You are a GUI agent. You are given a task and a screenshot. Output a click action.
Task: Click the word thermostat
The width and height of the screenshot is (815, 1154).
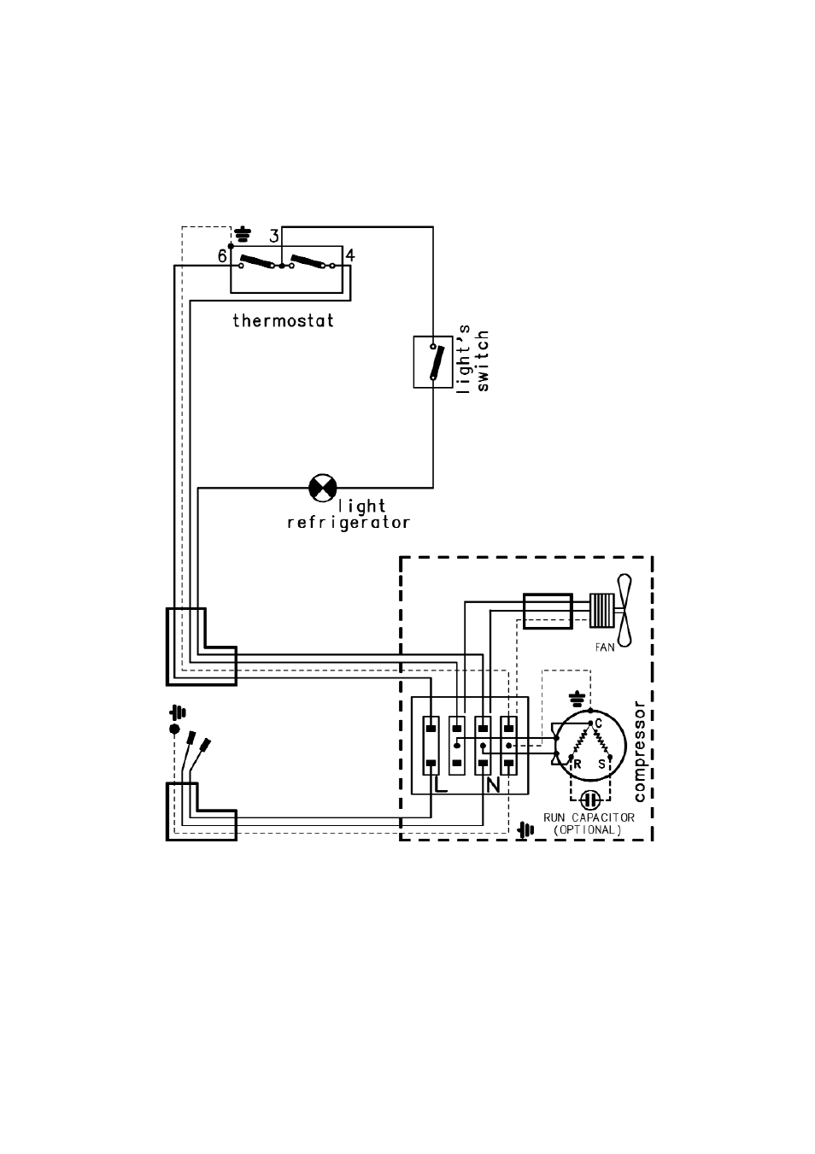(283, 321)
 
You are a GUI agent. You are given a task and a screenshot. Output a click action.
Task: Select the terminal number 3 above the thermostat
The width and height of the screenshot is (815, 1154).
(273, 237)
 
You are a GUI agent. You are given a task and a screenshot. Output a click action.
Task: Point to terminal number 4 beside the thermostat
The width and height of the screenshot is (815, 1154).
(350, 255)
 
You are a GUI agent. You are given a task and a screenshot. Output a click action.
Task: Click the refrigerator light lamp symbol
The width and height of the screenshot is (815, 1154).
(322, 489)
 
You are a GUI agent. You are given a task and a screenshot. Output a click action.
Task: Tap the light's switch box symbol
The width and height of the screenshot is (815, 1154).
(433, 362)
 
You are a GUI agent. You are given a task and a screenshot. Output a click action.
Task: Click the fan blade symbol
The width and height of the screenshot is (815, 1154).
(626, 610)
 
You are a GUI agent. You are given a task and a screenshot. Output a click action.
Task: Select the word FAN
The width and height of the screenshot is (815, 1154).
(605, 647)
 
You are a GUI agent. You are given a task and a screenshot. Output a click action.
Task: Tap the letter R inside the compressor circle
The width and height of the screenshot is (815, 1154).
(577, 764)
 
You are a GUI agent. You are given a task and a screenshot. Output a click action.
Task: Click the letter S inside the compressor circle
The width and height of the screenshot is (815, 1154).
(601, 764)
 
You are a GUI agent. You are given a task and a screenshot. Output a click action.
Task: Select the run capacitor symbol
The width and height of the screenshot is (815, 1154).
(589, 800)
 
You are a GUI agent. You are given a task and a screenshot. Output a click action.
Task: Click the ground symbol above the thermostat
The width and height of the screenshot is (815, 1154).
(243, 233)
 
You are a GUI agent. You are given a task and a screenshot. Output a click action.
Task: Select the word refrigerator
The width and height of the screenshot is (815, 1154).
(349, 523)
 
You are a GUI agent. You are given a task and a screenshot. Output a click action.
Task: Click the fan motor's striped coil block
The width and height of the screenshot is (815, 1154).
(601, 610)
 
